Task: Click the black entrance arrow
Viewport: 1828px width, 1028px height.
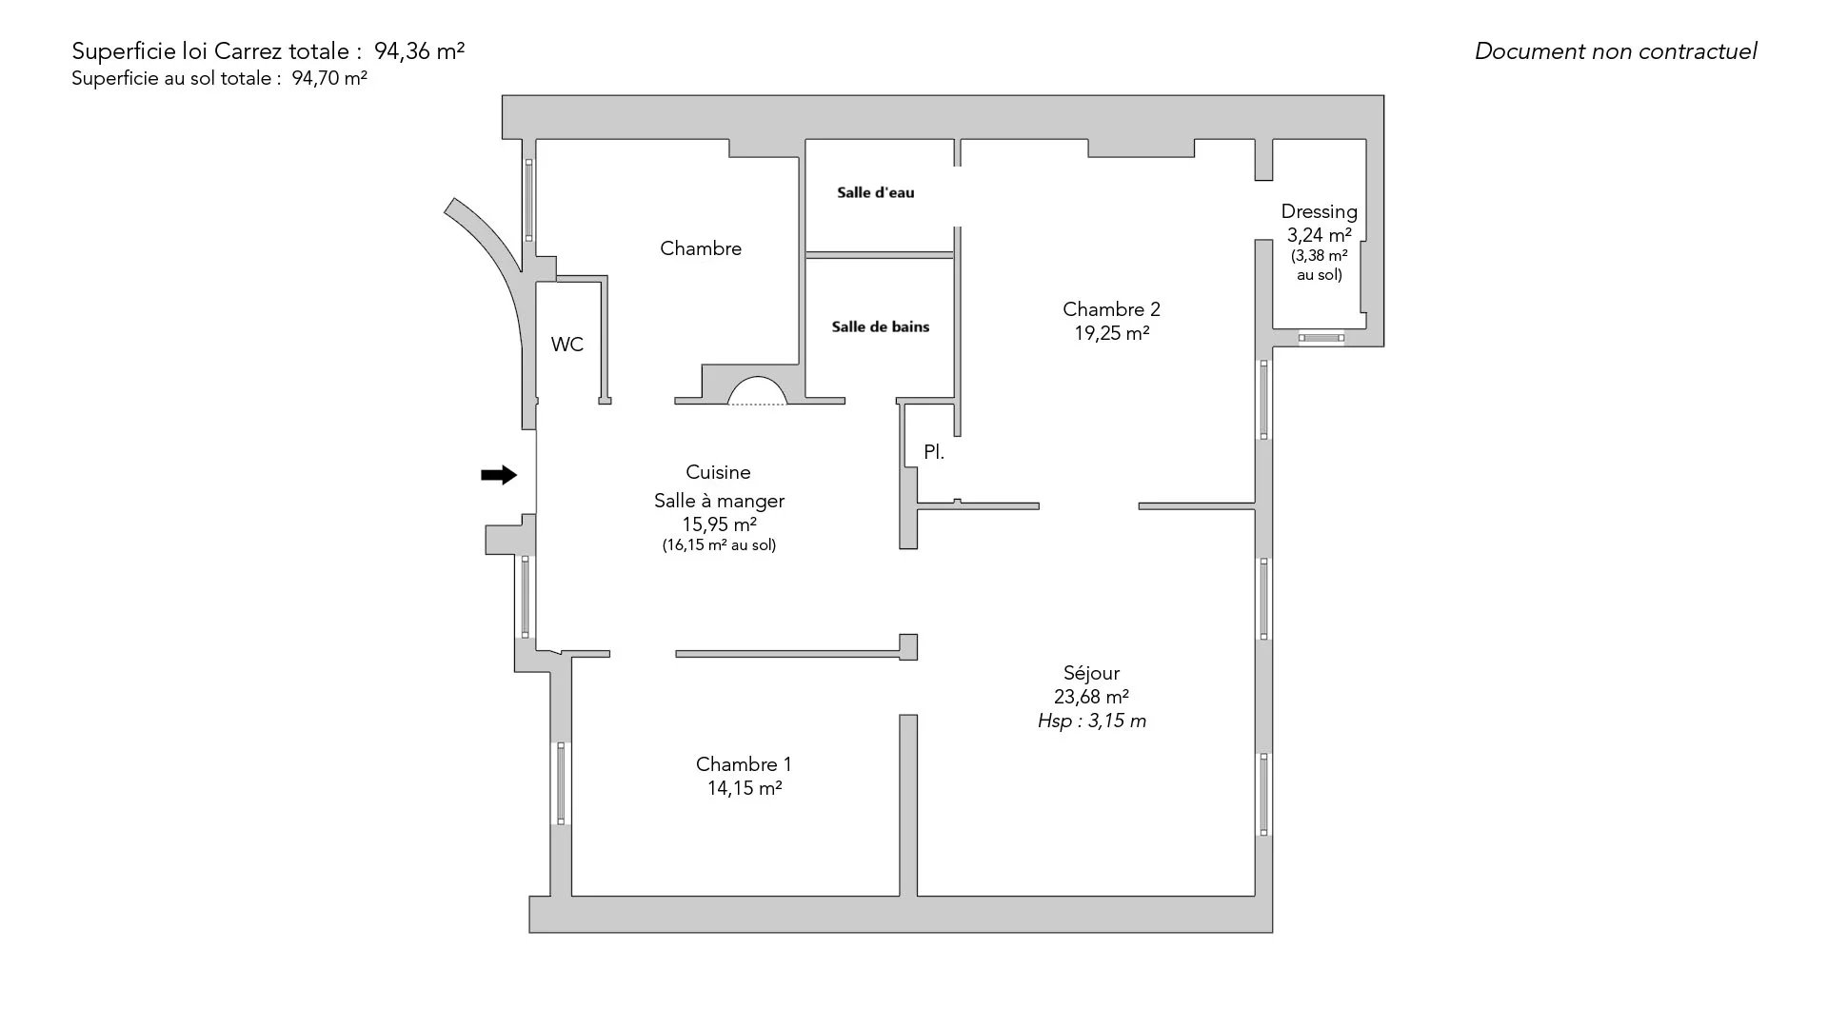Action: [499, 475]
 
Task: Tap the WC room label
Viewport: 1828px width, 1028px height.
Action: [567, 345]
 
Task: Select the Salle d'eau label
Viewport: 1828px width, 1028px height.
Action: [876, 192]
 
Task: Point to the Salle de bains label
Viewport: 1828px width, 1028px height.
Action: [881, 326]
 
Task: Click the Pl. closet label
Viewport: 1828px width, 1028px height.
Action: [934, 452]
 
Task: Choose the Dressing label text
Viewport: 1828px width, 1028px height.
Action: [1320, 211]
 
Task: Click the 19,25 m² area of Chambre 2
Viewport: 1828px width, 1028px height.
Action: [1112, 333]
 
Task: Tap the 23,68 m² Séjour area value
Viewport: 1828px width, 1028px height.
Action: [1092, 697]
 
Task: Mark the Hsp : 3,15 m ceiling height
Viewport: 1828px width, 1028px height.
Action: [1092, 721]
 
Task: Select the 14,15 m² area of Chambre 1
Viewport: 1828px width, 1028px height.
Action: [745, 788]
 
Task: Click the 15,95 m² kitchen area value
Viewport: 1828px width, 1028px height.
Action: [720, 524]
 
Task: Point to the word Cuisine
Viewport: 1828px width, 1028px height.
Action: [719, 472]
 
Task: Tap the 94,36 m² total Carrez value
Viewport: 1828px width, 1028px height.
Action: [420, 51]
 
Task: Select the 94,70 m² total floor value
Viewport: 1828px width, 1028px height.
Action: [329, 78]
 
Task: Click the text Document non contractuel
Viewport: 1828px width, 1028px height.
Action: [1616, 51]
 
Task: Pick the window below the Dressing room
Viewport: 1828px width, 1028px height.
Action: [1321, 337]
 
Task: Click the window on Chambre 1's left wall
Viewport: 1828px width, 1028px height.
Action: [561, 783]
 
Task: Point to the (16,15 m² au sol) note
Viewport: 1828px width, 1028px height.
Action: [720, 545]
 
